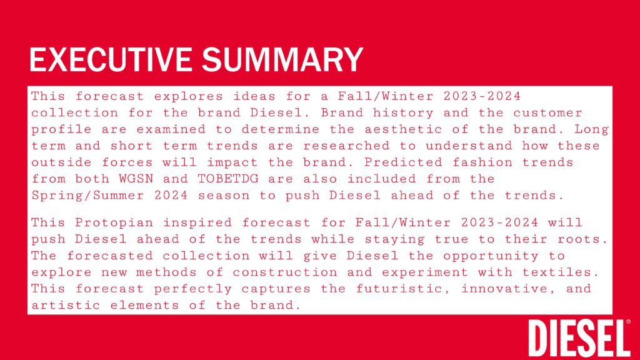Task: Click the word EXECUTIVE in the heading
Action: [x=111, y=59]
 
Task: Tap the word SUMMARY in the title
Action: [x=282, y=59]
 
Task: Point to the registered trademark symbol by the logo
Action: [x=628, y=322]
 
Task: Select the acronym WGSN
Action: [x=136, y=179]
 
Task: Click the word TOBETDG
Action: [x=228, y=179]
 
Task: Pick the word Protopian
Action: [x=114, y=223]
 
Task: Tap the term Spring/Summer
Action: [x=88, y=196]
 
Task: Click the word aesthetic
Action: [x=403, y=129]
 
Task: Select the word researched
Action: [x=346, y=146]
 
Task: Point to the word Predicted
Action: [x=403, y=162]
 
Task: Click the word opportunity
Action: [x=491, y=256]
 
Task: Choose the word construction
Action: [x=285, y=272]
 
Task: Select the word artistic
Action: [x=66, y=305]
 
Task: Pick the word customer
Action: [x=547, y=113]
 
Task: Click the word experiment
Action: [x=425, y=272]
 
